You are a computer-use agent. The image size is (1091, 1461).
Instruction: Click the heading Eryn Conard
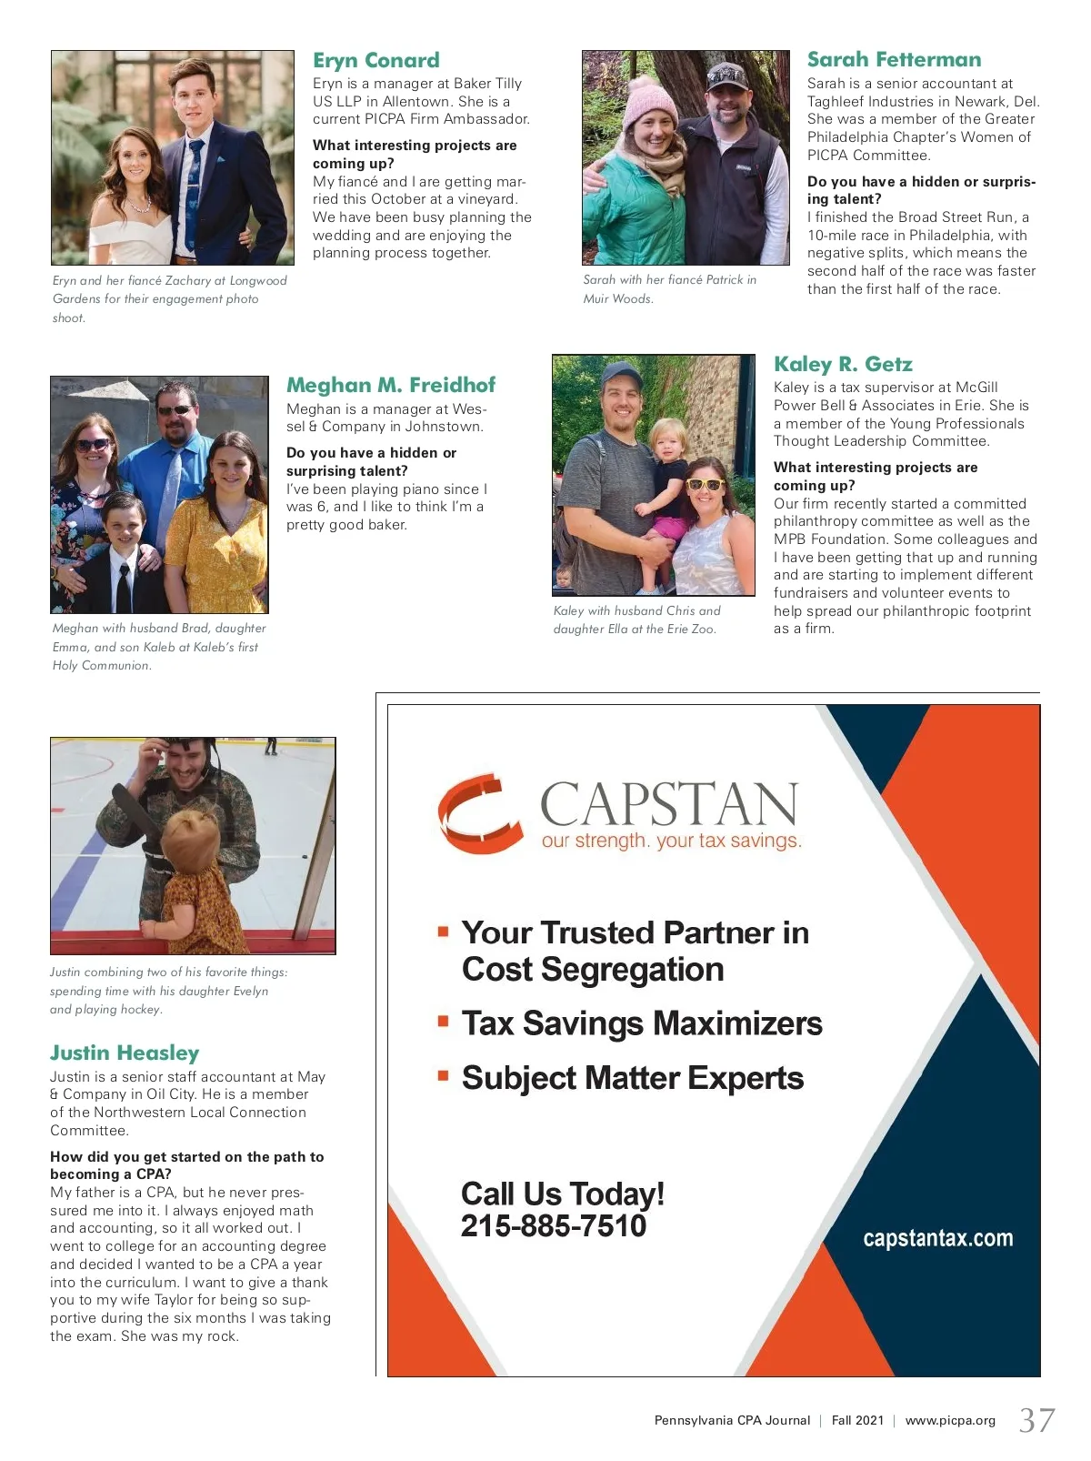point(375,61)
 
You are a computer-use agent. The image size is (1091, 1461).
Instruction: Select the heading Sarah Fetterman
point(894,60)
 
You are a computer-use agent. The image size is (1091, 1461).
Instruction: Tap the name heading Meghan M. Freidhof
point(391,385)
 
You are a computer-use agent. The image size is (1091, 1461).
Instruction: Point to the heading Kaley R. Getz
point(843,365)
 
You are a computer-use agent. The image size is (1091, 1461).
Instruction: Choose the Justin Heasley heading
point(125,1053)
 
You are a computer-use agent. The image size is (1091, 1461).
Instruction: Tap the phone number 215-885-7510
point(553,1226)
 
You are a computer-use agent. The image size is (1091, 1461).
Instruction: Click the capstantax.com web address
point(937,1238)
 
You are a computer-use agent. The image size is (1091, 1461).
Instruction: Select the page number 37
point(1036,1420)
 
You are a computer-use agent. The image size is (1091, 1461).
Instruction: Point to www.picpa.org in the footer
point(950,1420)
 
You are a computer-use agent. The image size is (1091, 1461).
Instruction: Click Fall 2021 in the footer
point(857,1420)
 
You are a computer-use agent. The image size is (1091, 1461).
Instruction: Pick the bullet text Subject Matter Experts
point(633,1079)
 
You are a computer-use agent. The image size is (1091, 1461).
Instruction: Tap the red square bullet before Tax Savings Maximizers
point(444,1021)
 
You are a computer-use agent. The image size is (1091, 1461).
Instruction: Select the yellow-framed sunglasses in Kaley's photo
point(705,484)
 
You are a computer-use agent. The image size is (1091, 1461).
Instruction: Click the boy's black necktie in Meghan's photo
point(123,582)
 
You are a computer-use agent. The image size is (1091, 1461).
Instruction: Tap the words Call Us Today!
point(562,1194)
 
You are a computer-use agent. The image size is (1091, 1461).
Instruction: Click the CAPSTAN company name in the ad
point(669,804)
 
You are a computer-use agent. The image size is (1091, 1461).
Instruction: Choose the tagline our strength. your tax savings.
point(671,841)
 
